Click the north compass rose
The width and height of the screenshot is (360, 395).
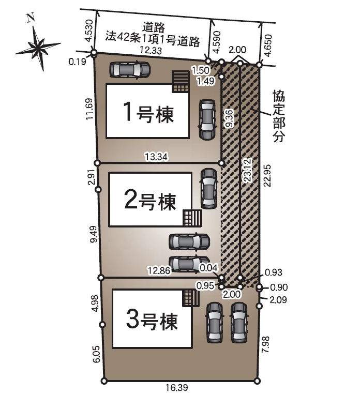(38, 47)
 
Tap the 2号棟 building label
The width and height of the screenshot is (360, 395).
(151, 200)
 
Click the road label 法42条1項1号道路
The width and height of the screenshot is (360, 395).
(153, 38)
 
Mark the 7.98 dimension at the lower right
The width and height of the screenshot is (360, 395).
(266, 344)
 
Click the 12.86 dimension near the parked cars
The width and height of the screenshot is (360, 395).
(159, 269)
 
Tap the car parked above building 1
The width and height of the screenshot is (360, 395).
(130, 69)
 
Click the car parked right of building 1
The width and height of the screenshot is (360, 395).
(207, 119)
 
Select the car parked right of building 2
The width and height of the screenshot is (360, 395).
(208, 188)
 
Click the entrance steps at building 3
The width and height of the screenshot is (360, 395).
(190, 298)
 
